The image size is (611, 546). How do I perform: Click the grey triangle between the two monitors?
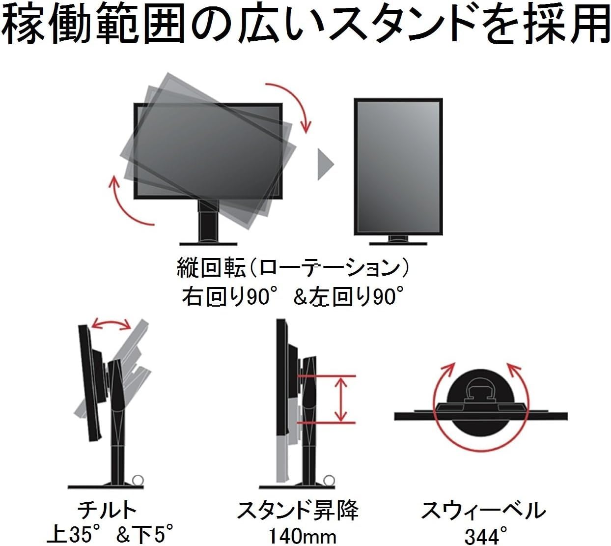click(324, 164)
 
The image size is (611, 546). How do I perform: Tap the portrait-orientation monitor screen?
click(398, 167)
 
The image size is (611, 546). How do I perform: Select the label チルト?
click(107, 510)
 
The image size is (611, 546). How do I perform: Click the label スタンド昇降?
click(298, 510)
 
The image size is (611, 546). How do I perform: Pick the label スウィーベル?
click(483, 511)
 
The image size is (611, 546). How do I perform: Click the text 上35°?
click(73, 535)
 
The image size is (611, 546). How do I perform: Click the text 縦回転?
click(211, 268)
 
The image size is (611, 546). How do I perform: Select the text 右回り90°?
click(226, 297)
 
